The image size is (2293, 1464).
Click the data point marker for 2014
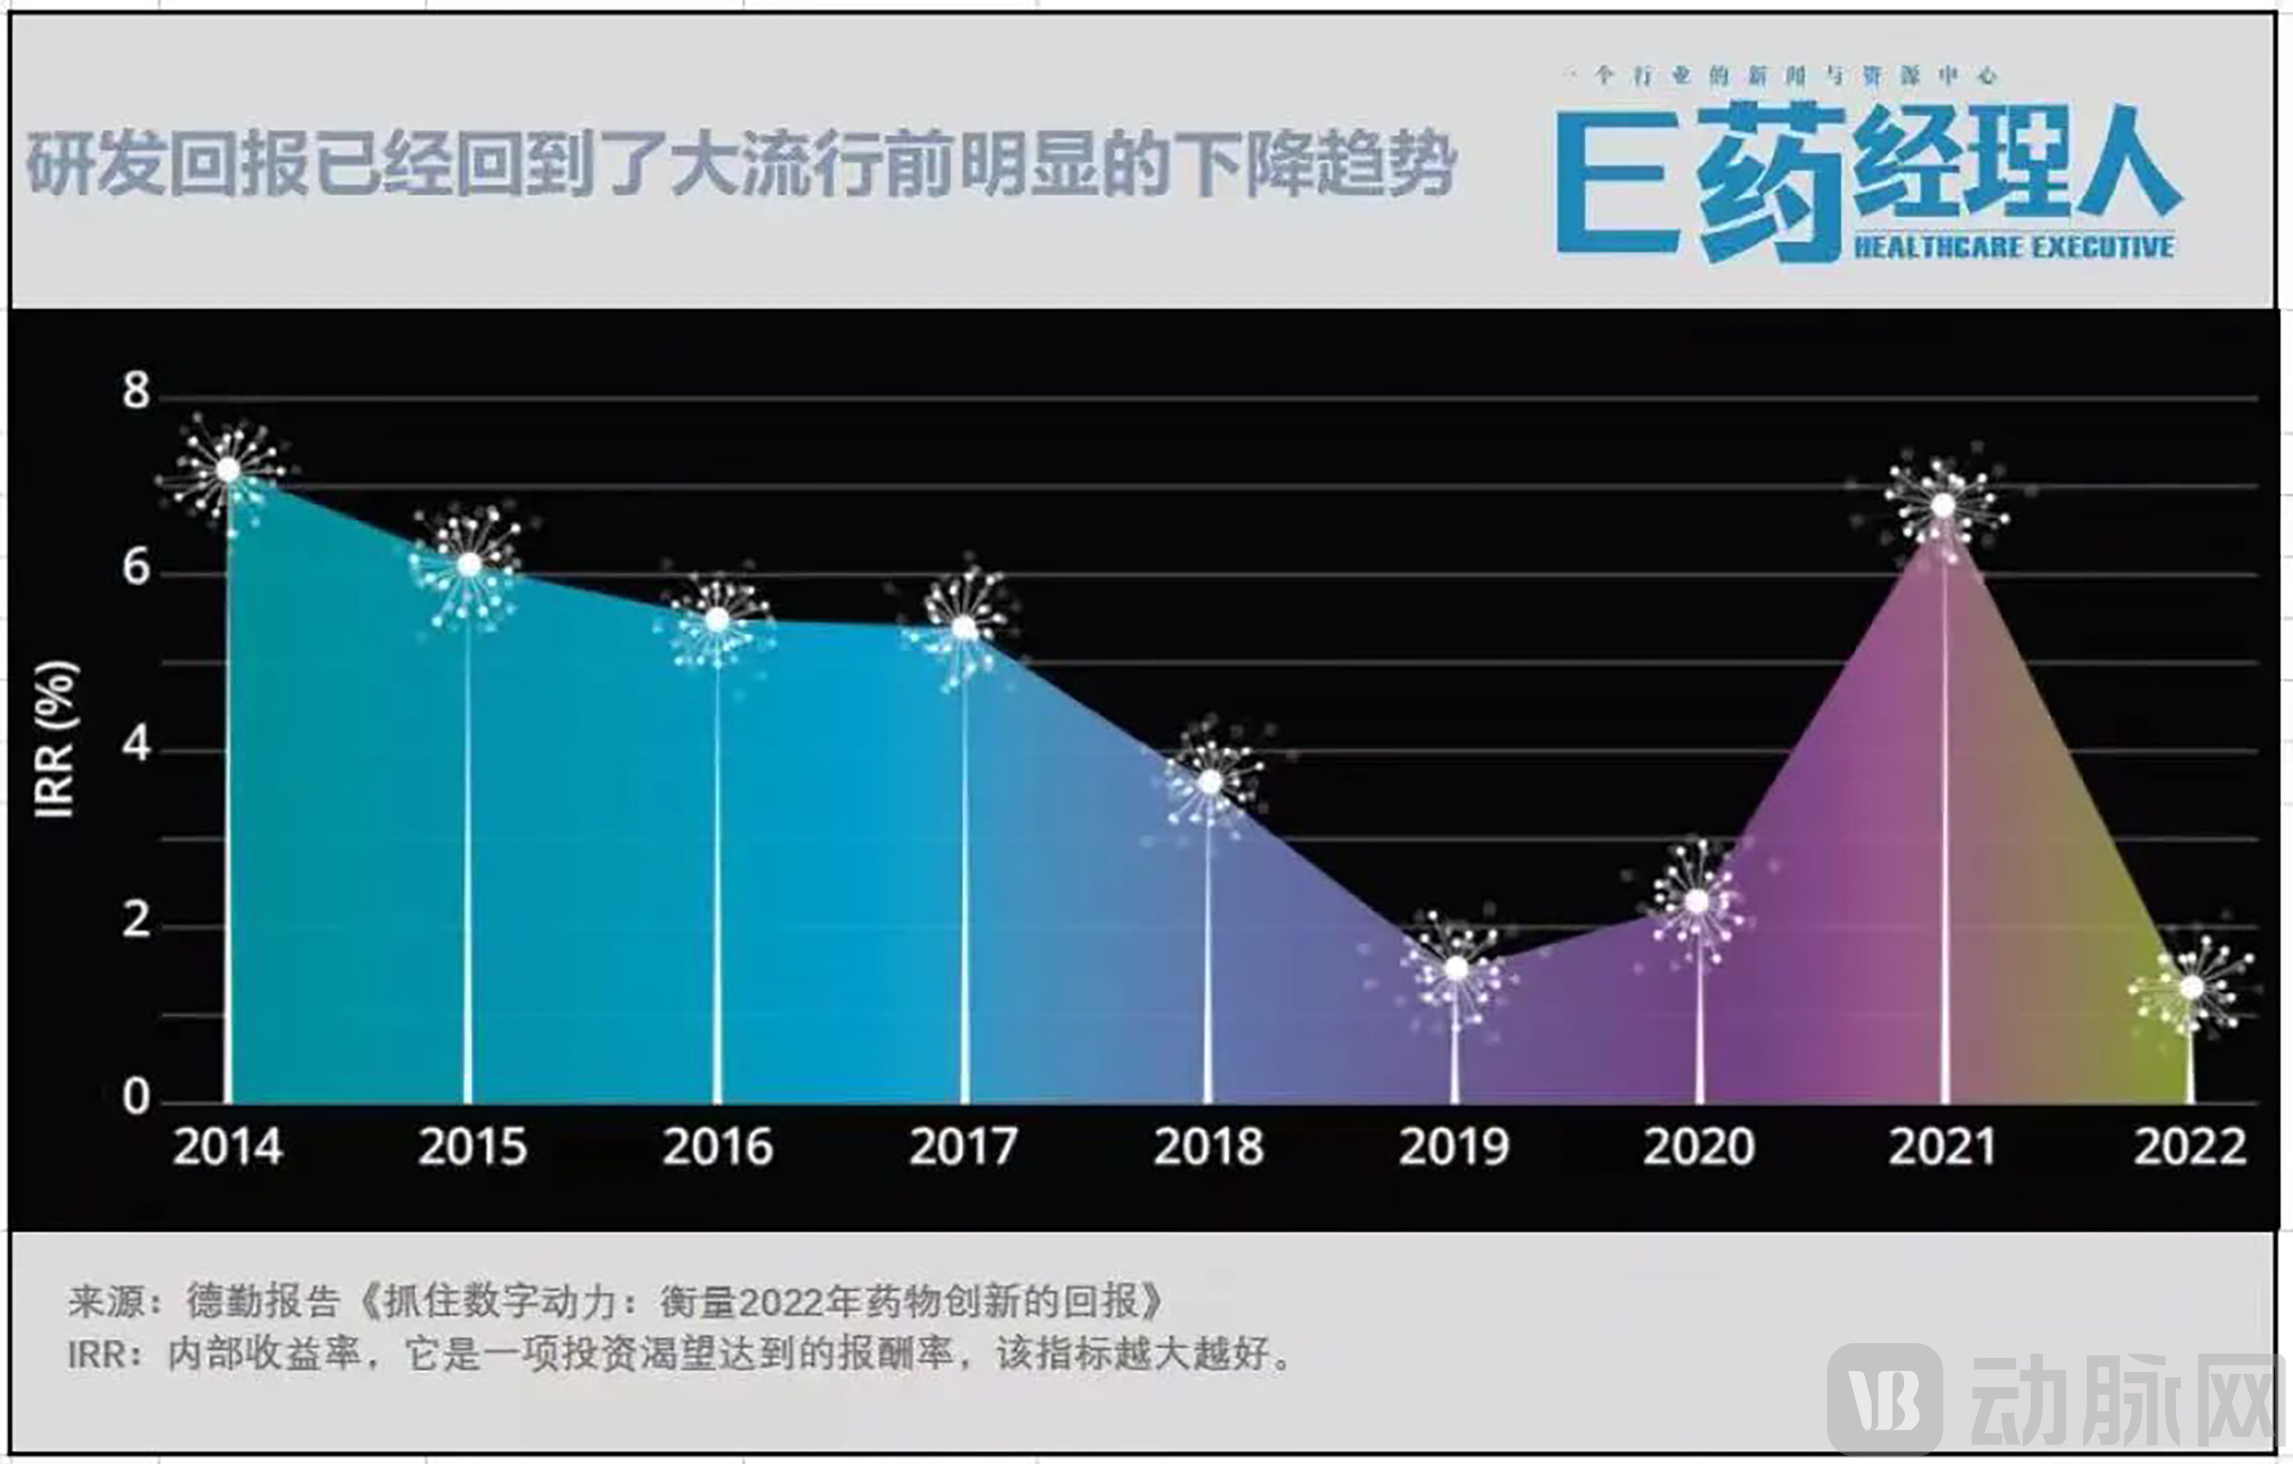pos(228,469)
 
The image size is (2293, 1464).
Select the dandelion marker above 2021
pos(1944,506)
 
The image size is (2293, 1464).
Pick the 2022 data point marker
pos(2191,987)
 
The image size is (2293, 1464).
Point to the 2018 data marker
pos(1209,783)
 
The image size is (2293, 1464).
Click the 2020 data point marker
pos(1698,900)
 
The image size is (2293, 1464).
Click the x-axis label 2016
pos(717,1147)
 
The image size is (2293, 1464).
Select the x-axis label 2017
pos(963,1147)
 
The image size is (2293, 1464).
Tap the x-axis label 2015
pos(472,1147)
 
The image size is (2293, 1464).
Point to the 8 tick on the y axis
pos(136,390)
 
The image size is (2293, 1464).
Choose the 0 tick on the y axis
pos(136,1097)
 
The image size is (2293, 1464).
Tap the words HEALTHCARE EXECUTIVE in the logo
pos(2013,247)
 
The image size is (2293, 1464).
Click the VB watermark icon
pos(1884,1398)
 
